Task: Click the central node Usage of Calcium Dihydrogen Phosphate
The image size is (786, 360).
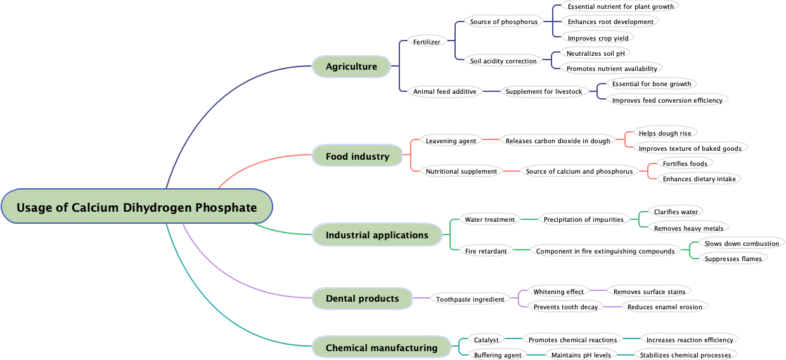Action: pos(136,207)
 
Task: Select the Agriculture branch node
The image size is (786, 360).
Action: pos(351,67)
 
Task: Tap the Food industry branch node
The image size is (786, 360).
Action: pos(358,157)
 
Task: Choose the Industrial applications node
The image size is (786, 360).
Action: pos(377,235)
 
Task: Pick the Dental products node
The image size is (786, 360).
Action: pos(362,299)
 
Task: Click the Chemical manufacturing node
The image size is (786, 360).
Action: pos(381,348)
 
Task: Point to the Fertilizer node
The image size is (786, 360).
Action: pos(427,42)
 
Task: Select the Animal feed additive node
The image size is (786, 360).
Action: pos(444,91)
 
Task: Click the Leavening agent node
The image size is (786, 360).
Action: pos(451,141)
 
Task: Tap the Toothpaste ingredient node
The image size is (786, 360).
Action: pos(470,299)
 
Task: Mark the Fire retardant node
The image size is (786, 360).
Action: pos(486,251)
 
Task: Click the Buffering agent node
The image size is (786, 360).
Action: pos(497,355)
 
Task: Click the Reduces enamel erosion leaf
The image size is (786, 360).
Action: pos(664,307)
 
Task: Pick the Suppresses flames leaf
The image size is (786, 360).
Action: pos(733,259)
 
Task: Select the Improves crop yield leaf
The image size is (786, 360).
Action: pos(598,38)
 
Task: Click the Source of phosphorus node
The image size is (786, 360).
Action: pos(503,22)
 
